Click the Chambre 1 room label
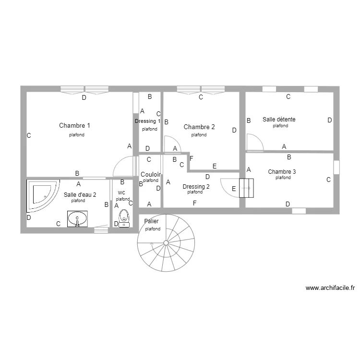74,126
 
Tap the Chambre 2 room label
199,127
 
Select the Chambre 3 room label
282,172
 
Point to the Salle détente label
279,119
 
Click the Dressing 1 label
148,121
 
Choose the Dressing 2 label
196,186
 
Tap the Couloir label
150,174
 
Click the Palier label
152,221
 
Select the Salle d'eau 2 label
80,195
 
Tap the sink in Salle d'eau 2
77,219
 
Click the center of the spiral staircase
166,243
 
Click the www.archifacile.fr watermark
330,288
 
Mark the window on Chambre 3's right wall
336,167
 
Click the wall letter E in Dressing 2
234,189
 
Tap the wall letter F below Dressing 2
194,204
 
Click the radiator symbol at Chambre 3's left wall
245,188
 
